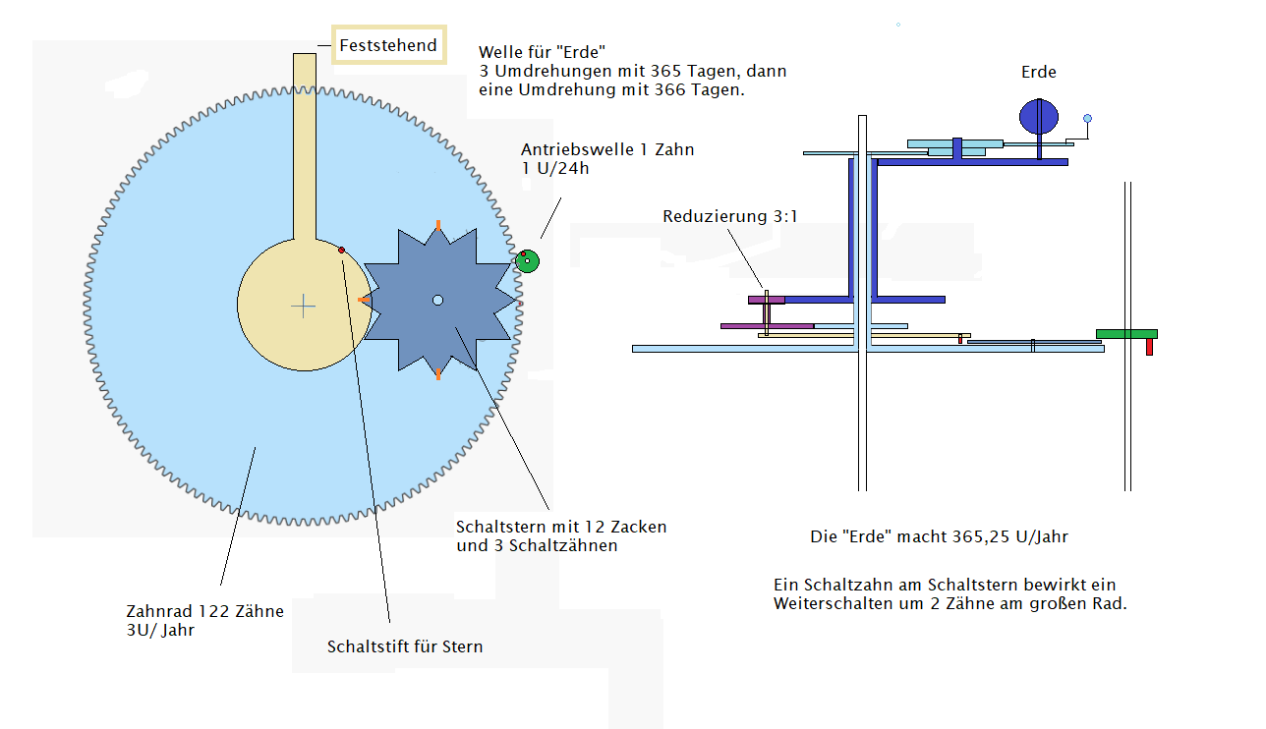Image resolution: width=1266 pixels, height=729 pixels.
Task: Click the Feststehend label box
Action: [389, 45]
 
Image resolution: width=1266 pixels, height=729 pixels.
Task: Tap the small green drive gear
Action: [528, 260]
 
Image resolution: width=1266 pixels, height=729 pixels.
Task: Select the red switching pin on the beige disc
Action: [342, 251]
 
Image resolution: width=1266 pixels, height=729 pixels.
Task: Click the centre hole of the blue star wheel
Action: [438, 300]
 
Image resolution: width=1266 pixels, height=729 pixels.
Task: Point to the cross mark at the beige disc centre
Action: [304, 307]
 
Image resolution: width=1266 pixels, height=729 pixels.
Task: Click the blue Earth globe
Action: [1038, 116]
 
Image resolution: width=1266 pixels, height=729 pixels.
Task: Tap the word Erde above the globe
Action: [1038, 72]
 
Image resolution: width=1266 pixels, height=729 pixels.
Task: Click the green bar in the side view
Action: [1126, 334]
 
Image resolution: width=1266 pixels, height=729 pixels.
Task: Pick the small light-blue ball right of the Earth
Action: [1087, 119]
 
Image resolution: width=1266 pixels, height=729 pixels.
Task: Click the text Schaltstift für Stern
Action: [405, 646]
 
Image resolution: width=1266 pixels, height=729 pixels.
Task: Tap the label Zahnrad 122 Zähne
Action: [205, 611]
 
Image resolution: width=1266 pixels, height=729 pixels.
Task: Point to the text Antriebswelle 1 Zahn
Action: [607, 150]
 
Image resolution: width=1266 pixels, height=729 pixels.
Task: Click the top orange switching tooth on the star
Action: [438, 226]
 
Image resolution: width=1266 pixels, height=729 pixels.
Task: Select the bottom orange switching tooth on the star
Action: [438, 373]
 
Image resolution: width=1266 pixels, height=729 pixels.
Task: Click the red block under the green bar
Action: [1149, 346]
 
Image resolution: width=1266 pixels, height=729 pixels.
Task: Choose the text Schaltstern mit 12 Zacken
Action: [561, 527]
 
